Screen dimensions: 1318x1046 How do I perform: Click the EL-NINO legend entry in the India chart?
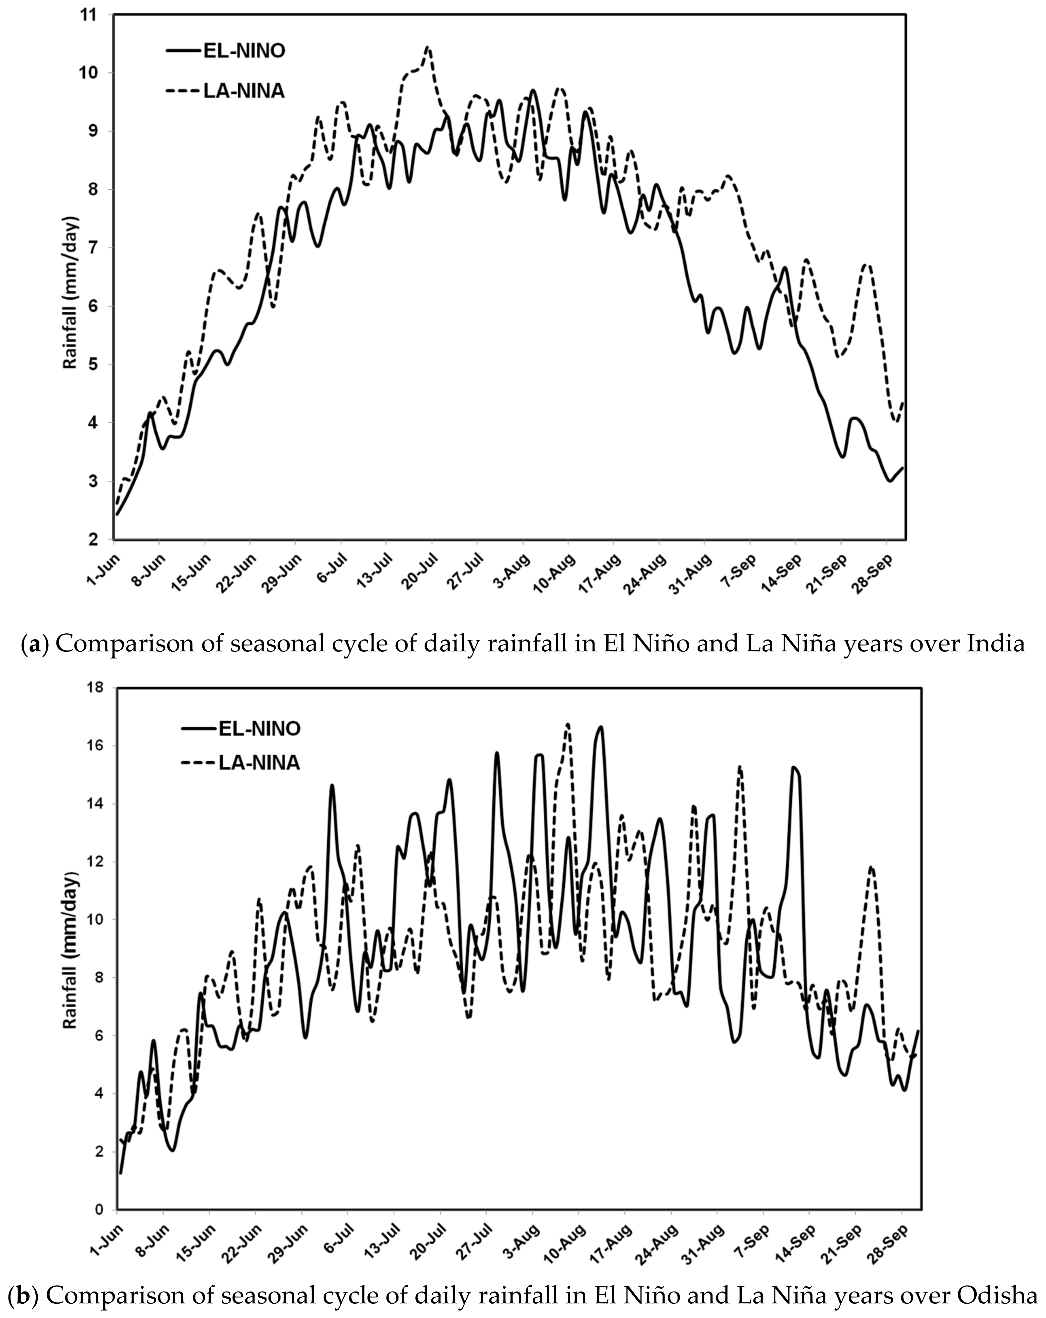point(244,51)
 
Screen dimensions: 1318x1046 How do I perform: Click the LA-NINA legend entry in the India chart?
point(244,91)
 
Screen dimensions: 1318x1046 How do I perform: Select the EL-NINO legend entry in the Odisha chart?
point(259,729)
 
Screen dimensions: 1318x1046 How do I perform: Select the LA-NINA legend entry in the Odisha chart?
point(259,763)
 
